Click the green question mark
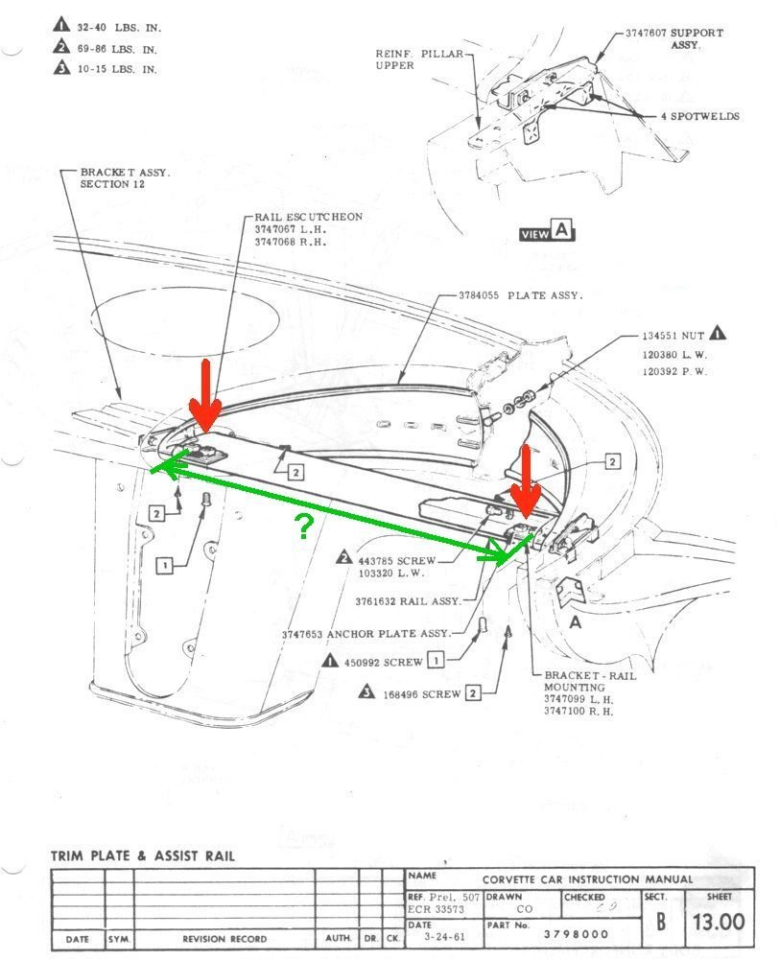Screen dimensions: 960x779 [304, 525]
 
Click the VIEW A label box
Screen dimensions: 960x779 [547, 231]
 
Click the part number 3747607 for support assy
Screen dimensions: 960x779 [647, 33]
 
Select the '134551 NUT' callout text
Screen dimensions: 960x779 [673, 337]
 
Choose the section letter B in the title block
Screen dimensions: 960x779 [662, 922]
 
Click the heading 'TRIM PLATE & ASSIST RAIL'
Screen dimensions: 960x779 [142, 855]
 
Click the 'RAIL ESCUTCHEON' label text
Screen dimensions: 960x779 [309, 217]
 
